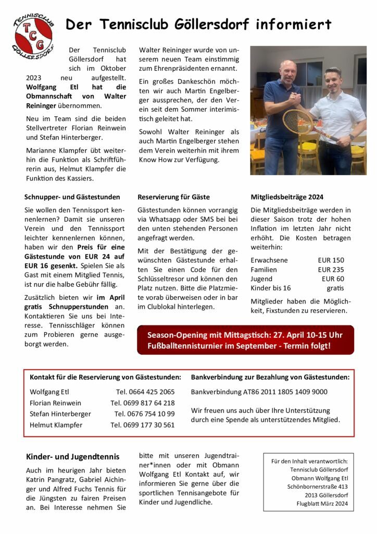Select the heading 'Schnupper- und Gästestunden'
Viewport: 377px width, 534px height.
(x=72, y=197)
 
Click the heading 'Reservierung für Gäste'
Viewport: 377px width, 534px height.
(x=173, y=197)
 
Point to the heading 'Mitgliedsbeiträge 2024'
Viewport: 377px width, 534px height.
(x=287, y=197)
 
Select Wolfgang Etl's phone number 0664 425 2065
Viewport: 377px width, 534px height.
(x=145, y=392)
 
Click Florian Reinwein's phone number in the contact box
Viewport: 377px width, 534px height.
(x=143, y=403)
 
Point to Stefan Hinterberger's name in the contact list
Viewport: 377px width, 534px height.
(x=60, y=414)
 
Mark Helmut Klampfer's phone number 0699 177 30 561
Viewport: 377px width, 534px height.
(x=143, y=425)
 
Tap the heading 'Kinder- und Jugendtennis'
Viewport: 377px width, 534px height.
(x=72, y=457)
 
